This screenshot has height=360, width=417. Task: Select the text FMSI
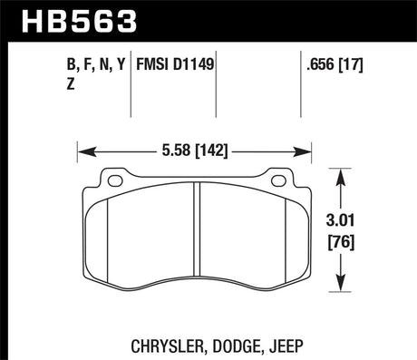[x=154, y=65]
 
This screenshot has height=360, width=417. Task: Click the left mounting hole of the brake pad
[x=114, y=180]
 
